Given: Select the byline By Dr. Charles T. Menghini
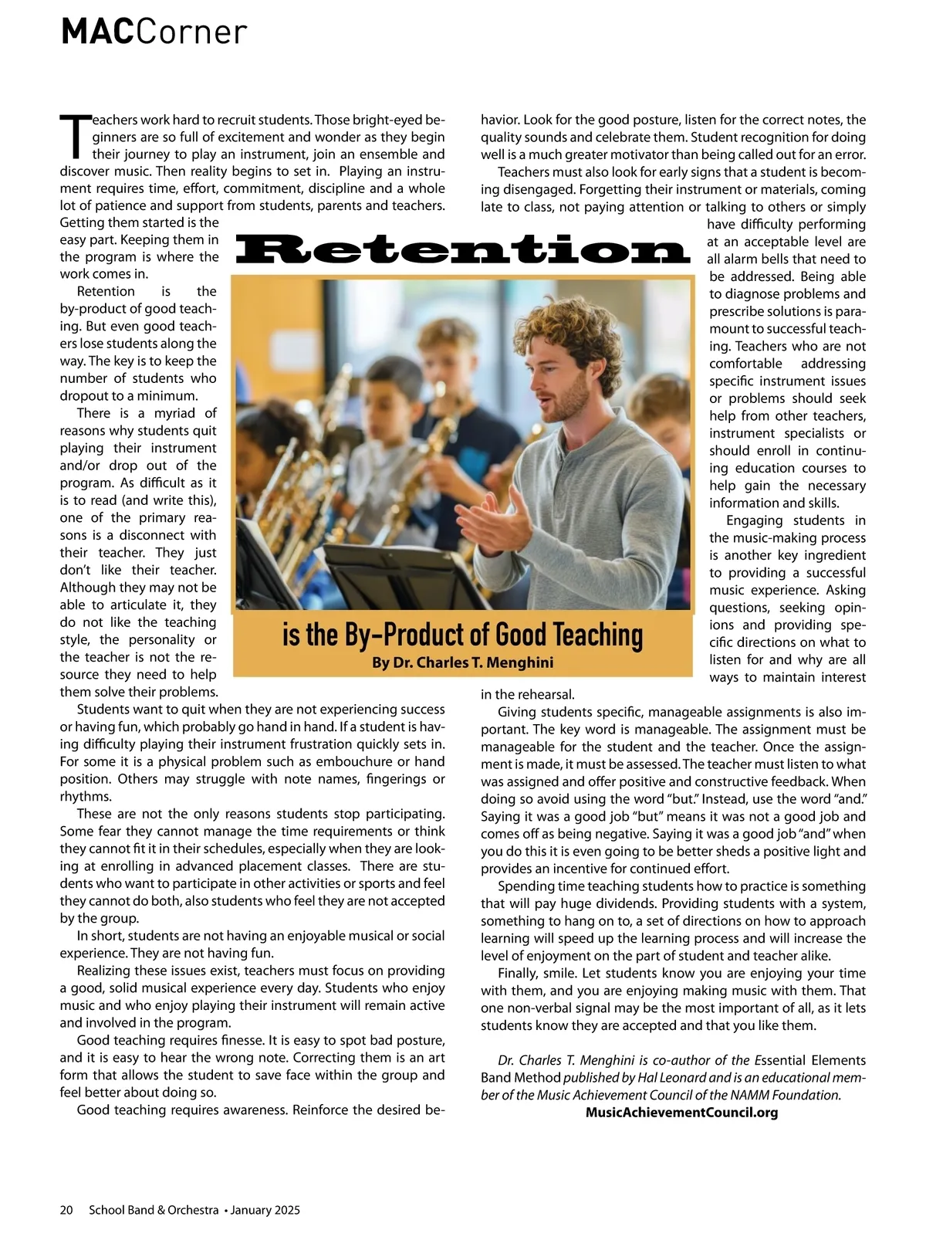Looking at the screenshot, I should pos(462,662).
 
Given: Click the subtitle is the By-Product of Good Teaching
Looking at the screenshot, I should pos(462,635).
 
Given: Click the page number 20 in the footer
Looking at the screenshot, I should pos(66,1210).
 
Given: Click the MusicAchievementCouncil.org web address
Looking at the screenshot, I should pos(681,1113).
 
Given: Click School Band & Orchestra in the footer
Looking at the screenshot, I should pos(154,1210).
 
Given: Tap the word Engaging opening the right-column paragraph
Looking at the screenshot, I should pos(759,520).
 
